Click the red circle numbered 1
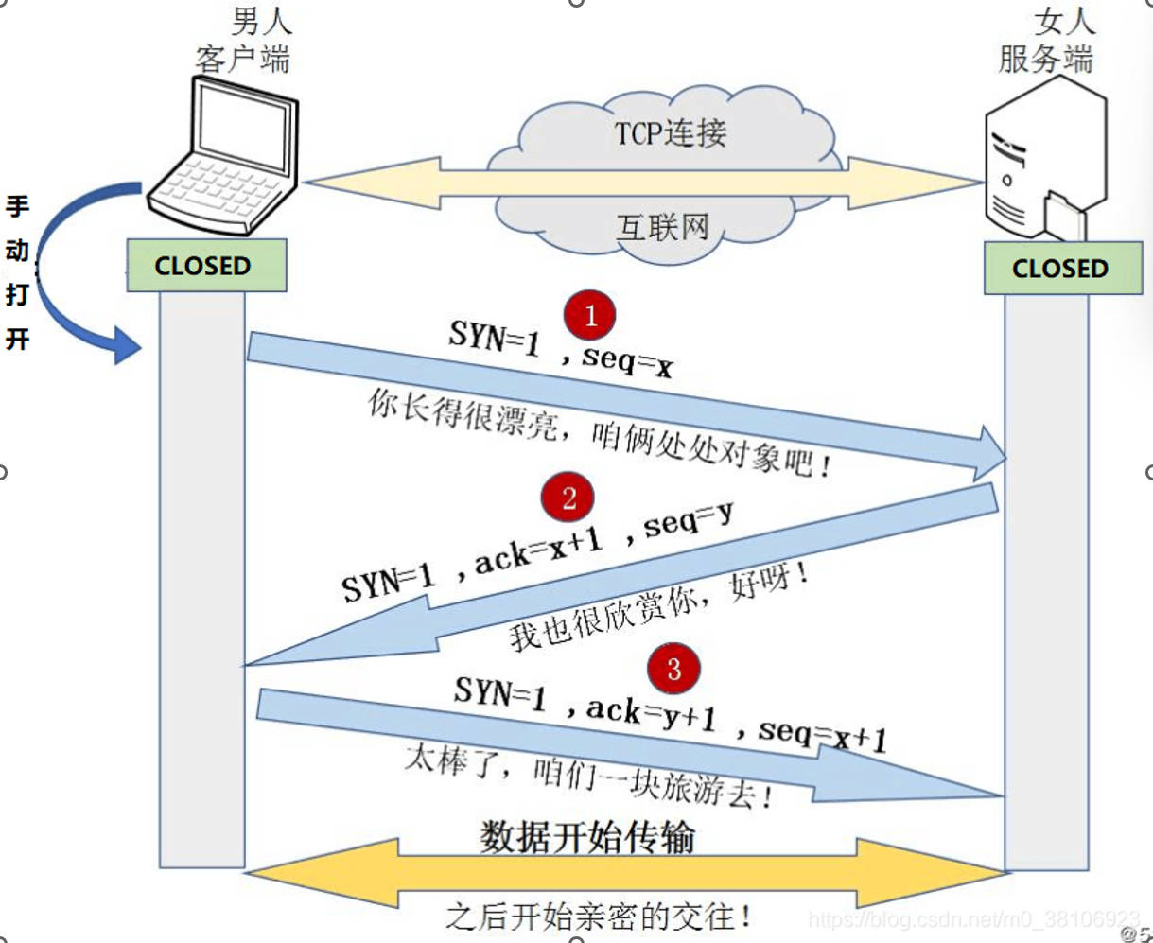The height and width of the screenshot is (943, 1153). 589,315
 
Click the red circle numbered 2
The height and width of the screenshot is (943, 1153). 568,498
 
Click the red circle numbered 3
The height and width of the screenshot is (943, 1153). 673,669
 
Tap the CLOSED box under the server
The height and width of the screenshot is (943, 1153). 1061,269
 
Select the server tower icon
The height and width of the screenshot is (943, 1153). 1044,161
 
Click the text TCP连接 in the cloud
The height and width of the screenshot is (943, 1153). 671,133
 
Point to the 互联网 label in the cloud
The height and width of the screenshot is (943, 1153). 662,227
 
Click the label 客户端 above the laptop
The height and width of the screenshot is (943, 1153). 242,60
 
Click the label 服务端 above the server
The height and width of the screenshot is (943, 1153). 1045,60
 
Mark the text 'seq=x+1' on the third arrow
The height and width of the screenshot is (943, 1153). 822,734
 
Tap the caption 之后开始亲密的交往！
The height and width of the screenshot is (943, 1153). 600,916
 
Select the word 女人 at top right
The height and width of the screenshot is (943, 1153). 1065,21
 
